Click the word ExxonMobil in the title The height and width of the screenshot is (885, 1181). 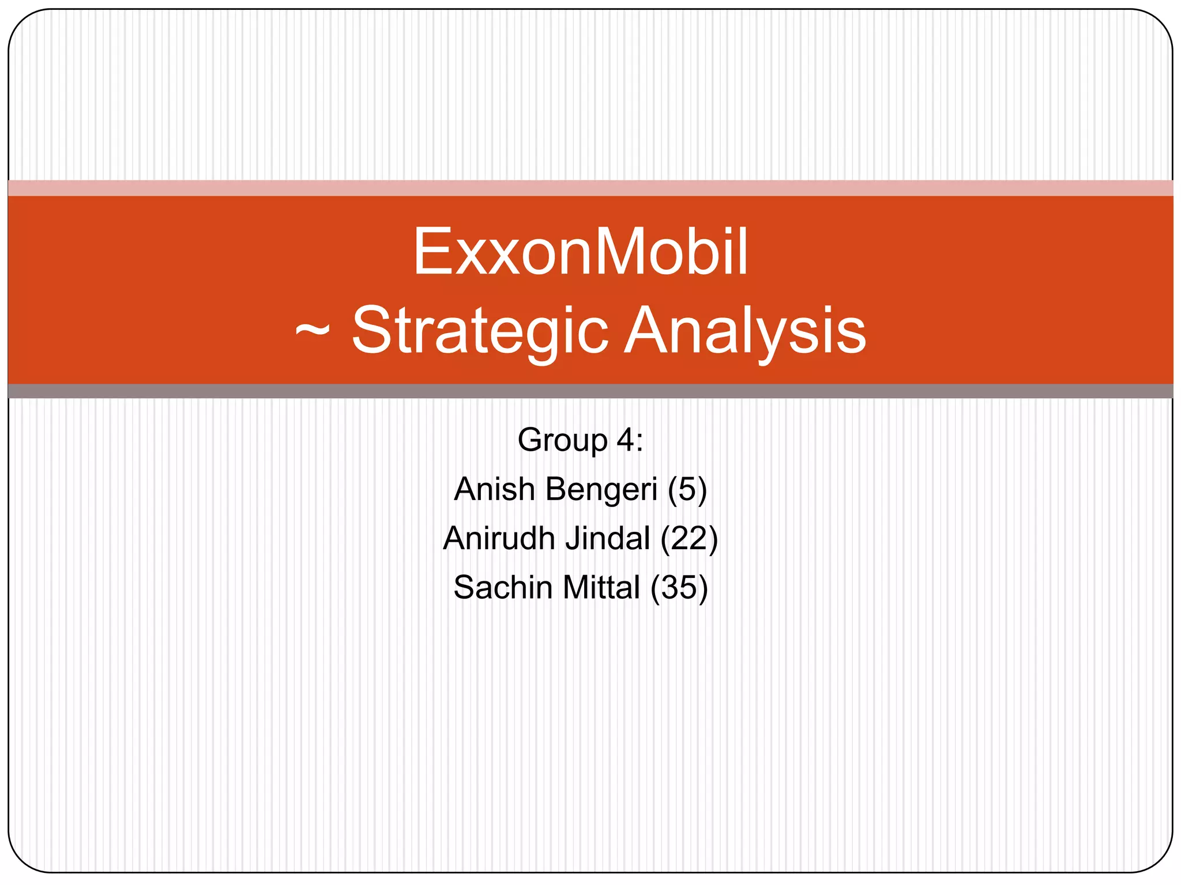click(x=580, y=252)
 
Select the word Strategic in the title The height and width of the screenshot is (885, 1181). click(x=480, y=331)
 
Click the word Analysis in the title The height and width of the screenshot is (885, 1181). click(x=746, y=331)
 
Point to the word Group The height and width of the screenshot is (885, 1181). click(x=562, y=441)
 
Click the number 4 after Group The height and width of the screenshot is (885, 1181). click(x=625, y=440)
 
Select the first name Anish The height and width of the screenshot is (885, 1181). click(x=494, y=489)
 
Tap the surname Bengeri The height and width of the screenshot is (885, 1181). click(x=601, y=490)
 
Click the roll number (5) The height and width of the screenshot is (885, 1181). click(x=687, y=490)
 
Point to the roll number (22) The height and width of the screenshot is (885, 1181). click(x=689, y=539)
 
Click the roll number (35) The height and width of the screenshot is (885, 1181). click(x=679, y=588)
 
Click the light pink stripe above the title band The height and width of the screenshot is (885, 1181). click(x=590, y=188)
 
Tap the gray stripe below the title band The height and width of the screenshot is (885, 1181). click(x=590, y=391)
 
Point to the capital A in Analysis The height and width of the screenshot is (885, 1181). click(x=650, y=331)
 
